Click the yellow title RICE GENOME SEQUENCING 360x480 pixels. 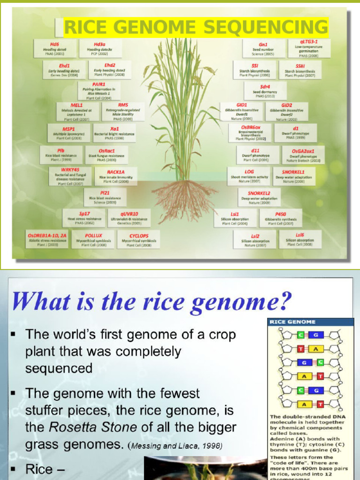196,28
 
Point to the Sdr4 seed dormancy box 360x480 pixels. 265,90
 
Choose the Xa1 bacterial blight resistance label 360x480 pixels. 114,133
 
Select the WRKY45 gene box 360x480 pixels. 70,176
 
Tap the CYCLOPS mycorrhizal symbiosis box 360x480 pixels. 139,239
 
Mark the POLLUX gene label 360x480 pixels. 93,239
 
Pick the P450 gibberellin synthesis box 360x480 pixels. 281,218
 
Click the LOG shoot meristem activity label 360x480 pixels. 249,176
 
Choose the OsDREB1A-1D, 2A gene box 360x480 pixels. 48,239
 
